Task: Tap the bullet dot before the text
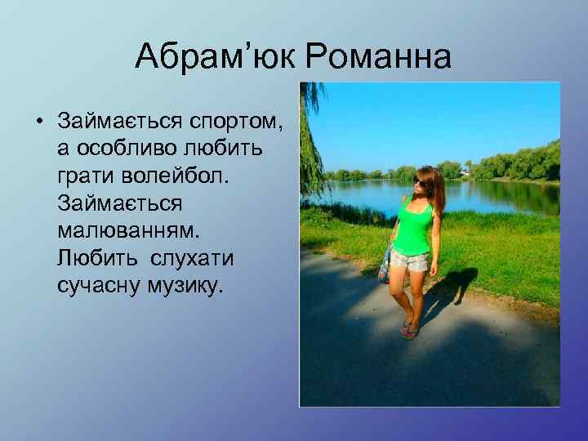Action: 38,122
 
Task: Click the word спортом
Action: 236,122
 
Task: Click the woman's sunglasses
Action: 422,180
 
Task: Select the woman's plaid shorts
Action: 408,260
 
